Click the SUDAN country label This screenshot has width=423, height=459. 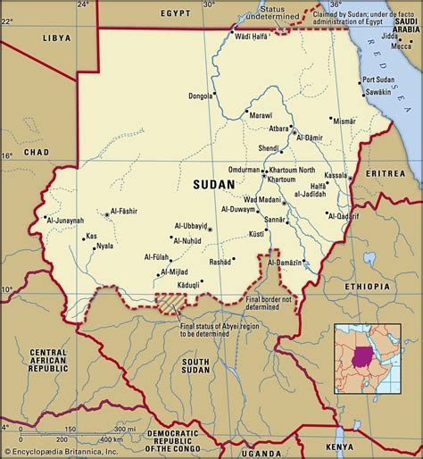[213, 184]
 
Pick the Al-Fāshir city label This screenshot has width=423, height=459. [130, 213]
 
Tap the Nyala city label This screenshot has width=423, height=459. [104, 245]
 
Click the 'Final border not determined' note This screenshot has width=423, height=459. [271, 303]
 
